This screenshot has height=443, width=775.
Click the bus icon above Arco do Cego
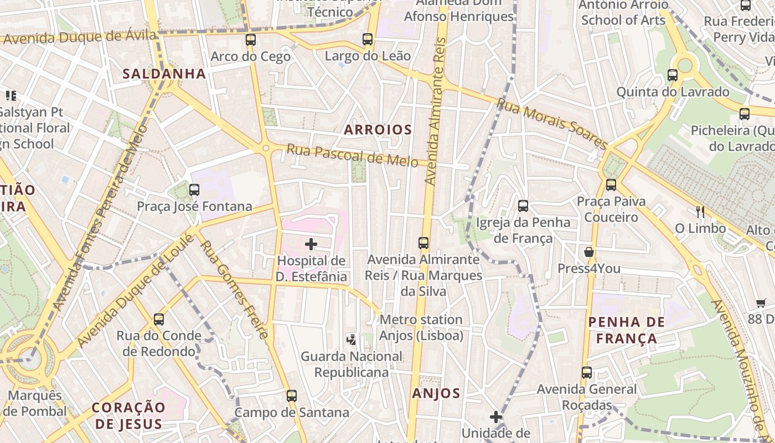[x=251, y=40]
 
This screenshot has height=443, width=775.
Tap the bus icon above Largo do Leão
[x=368, y=39]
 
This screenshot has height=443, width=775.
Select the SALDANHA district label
[x=164, y=74]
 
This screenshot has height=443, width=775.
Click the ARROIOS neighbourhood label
[x=378, y=130]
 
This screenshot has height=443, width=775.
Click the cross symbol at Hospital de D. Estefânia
[x=311, y=244]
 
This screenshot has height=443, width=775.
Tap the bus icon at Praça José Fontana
[x=194, y=190]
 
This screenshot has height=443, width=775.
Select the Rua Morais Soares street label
[x=552, y=123]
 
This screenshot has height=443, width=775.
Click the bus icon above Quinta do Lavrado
[x=673, y=75]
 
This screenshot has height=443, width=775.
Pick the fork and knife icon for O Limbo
[x=700, y=212]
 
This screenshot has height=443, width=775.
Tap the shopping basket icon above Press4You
[x=589, y=252]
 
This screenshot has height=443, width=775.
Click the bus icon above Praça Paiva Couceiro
[x=611, y=185]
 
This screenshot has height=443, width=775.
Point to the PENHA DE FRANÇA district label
[x=623, y=330]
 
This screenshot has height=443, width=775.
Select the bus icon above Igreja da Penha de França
[x=523, y=207]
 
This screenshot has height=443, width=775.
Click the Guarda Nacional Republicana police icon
[x=351, y=339]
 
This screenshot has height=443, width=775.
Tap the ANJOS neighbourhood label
[x=436, y=393]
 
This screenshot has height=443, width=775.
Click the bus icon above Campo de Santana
[x=292, y=396]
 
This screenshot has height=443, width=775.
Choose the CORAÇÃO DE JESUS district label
[x=128, y=416]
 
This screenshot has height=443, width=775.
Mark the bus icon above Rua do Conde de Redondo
[x=159, y=320]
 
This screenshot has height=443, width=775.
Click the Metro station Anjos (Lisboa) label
[x=421, y=327]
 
